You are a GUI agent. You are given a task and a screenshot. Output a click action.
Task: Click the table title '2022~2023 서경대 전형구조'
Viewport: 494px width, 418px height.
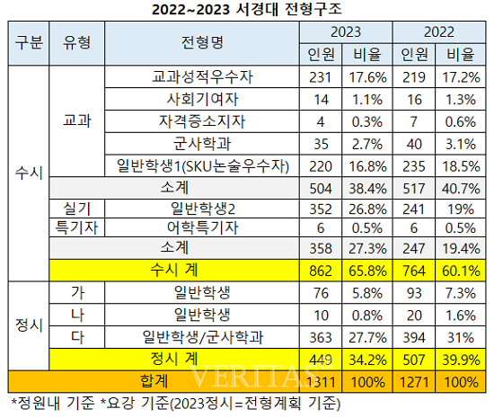coord(247,10)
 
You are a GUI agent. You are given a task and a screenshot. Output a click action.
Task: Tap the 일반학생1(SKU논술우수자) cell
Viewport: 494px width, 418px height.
coord(201,165)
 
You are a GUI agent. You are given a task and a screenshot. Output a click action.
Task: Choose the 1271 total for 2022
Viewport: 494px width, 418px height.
coord(415,380)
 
